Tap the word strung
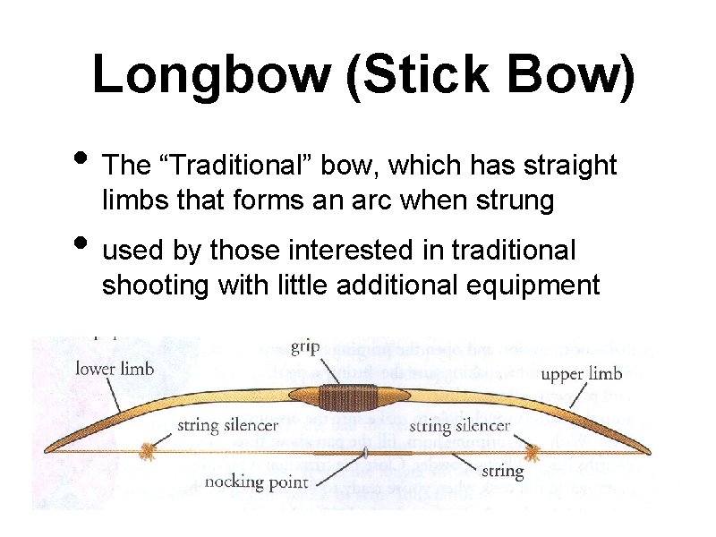[518, 200]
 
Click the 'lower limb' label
[115, 368]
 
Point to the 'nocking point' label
[257, 482]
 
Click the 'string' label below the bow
[502, 470]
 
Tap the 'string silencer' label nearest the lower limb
[227, 425]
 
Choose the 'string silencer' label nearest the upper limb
[459, 425]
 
